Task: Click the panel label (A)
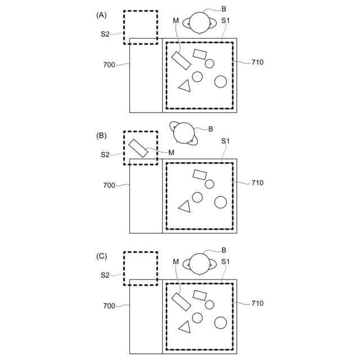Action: click(x=101, y=15)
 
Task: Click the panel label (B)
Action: click(x=101, y=136)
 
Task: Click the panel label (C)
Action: click(x=101, y=256)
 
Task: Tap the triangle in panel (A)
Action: click(x=184, y=86)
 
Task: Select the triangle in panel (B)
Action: click(x=184, y=206)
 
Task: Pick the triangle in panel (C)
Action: click(x=184, y=327)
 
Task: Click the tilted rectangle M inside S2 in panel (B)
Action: click(x=138, y=148)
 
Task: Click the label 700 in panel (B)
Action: click(x=109, y=185)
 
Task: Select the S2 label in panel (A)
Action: click(x=105, y=34)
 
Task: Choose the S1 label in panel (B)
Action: click(x=226, y=141)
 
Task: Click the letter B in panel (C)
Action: click(x=224, y=250)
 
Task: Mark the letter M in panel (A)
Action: click(x=176, y=21)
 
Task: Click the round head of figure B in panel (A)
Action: click(x=199, y=22)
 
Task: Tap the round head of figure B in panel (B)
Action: click(x=184, y=133)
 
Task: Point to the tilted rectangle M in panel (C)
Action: click(x=181, y=301)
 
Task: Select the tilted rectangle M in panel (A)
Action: click(x=181, y=61)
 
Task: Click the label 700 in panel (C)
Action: click(x=109, y=306)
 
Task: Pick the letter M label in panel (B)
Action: click(x=171, y=152)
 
